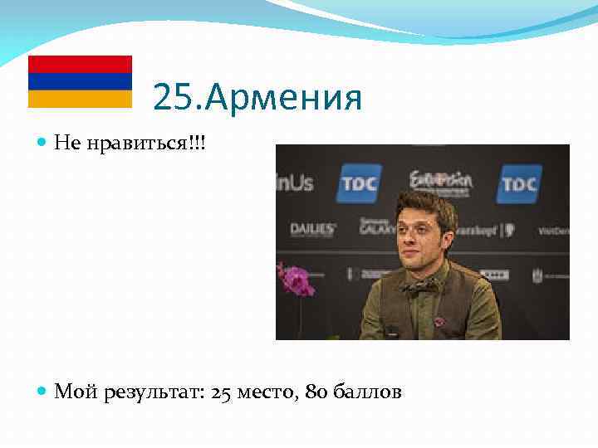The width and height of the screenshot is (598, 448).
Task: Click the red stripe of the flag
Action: (80, 64)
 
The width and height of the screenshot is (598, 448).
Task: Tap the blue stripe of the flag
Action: (80, 81)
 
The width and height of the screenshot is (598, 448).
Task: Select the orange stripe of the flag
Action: (80, 99)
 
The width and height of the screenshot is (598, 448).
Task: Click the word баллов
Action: (367, 392)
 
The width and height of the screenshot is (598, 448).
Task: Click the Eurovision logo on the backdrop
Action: (440, 180)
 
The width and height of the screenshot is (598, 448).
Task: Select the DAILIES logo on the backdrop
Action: (313, 228)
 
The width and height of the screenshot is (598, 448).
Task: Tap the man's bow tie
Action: (424, 287)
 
